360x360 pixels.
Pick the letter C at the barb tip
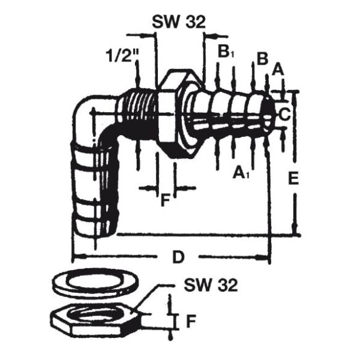pyautogui.click(x=284, y=113)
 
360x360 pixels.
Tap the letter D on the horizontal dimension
pyautogui.click(x=178, y=257)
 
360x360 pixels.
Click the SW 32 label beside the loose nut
pyautogui.click(x=210, y=285)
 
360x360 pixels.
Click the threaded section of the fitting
pyautogui.click(x=139, y=114)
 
